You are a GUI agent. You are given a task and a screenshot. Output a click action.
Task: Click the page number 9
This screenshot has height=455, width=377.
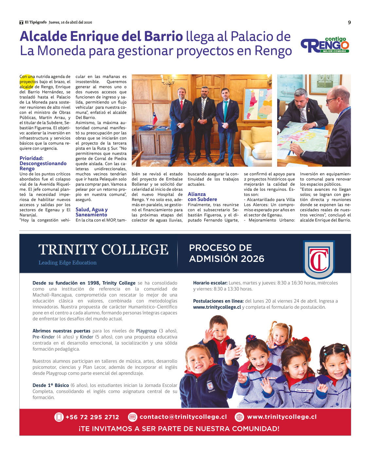click(349, 22)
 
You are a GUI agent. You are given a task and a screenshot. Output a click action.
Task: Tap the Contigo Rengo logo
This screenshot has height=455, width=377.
click(325, 45)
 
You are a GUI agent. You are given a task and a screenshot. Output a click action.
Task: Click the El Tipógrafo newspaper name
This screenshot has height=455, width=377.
click(36, 22)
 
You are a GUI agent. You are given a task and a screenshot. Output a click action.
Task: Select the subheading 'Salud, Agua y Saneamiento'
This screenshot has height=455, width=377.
click(91, 212)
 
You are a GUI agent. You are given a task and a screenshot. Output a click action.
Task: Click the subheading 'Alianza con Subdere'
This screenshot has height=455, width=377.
click(202, 197)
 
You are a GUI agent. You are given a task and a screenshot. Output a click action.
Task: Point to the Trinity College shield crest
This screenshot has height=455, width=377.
click(319, 259)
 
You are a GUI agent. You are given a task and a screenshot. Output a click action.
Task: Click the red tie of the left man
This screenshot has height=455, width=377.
click(181, 105)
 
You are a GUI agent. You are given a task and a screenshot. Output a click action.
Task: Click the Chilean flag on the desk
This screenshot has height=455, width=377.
click(155, 118)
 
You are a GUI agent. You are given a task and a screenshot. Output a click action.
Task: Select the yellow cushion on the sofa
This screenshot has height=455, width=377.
click(261, 135)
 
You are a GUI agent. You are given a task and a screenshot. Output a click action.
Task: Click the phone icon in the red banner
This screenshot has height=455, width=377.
click(59, 417)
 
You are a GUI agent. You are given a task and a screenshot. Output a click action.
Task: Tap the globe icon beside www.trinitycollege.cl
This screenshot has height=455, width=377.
click(240, 417)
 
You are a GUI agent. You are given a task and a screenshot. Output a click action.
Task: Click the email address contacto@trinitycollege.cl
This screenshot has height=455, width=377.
click(183, 417)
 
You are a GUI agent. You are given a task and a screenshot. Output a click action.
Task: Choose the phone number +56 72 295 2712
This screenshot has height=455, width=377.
click(92, 417)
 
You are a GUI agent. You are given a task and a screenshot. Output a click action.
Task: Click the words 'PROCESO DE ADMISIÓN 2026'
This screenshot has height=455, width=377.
click(226, 253)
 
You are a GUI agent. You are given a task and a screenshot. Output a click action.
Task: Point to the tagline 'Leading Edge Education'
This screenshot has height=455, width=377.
click(67, 263)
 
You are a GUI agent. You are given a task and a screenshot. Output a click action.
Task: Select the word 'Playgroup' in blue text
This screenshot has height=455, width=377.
click(146, 331)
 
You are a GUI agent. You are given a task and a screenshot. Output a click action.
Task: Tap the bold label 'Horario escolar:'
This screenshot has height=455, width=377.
click(210, 283)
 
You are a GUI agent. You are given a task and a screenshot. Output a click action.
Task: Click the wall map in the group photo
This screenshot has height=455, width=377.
click(257, 104)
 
